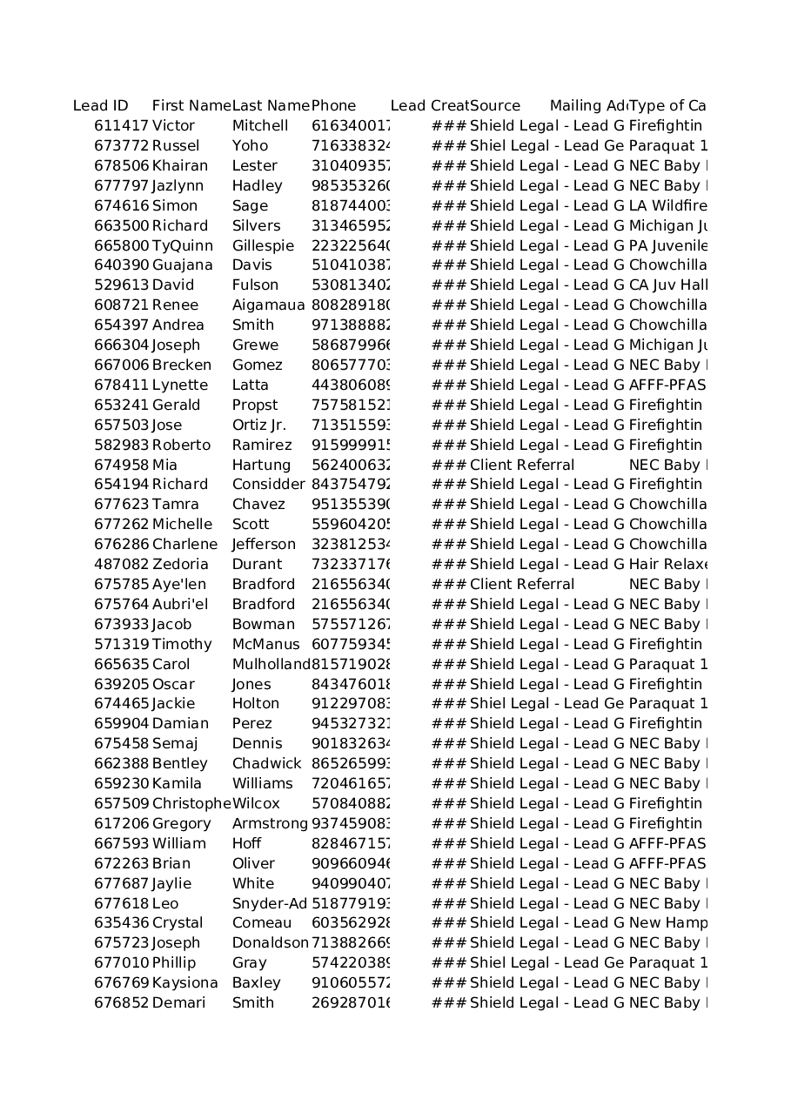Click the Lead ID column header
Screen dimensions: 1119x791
[x=101, y=106]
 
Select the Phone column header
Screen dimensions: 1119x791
[x=334, y=106]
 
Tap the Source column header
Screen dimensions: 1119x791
[x=495, y=106]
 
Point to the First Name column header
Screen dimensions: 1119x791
[x=191, y=106]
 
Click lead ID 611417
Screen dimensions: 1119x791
[x=121, y=126]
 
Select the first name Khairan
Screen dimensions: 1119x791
[x=180, y=166]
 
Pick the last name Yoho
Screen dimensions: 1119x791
[x=250, y=146]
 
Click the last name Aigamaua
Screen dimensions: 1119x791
[x=268, y=305]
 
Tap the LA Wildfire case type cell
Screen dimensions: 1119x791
[x=667, y=206]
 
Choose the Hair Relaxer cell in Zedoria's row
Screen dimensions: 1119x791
[x=667, y=565]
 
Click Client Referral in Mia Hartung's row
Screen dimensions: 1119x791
[x=522, y=466]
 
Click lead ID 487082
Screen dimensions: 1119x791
[x=121, y=565]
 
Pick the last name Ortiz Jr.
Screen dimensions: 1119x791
[x=258, y=425]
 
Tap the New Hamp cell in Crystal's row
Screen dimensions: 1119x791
[x=667, y=923]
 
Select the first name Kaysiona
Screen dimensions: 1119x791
[x=184, y=983]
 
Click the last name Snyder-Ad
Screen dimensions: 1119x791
[x=269, y=904]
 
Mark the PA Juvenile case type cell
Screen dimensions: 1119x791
[x=667, y=246]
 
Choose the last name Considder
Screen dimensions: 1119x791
[x=268, y=485]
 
